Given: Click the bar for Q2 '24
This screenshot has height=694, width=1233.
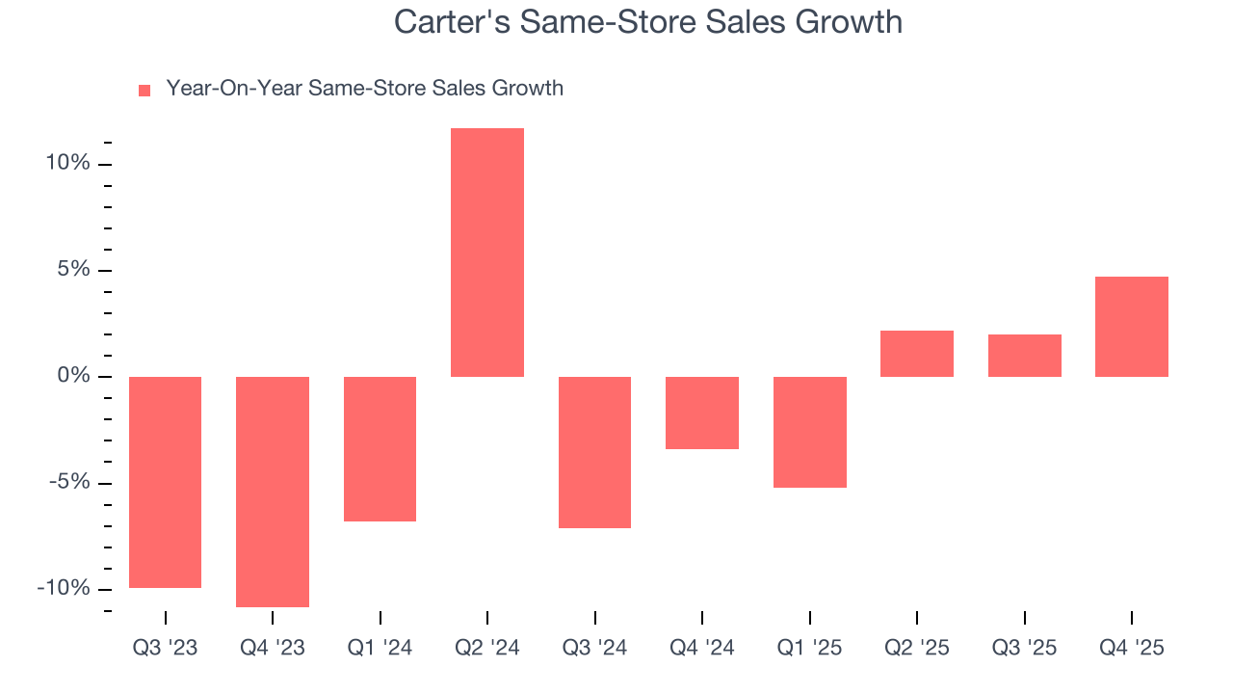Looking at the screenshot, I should pos(487,253).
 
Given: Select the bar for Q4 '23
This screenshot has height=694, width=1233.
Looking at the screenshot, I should pos(273,492).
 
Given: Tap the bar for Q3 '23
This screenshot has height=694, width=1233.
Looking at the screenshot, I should pos(165,482).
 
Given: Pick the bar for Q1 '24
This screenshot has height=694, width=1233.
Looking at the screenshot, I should pos(380,449).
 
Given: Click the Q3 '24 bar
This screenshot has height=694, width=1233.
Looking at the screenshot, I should pos(594,452).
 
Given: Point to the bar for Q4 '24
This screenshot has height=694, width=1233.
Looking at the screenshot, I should pos(702,413).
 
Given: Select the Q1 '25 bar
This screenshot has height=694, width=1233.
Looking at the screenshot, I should pos(809,432).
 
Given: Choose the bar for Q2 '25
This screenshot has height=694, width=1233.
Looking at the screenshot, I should pos(917,354).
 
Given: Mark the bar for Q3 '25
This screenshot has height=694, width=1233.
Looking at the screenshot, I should pos(1024,356).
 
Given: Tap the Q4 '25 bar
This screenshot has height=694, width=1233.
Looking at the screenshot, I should pos(1132,327).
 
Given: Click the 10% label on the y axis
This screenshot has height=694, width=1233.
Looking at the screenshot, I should pos(67,163).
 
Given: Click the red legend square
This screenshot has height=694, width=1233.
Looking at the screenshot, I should pos(144,91).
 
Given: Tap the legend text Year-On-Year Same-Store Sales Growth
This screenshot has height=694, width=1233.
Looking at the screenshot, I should pos(364,89).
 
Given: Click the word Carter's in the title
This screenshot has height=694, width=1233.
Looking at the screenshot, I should pos(453,22).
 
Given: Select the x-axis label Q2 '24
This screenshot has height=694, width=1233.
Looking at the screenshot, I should pos(487,648).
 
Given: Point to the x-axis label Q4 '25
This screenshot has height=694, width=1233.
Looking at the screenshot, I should pos(1132,648).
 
